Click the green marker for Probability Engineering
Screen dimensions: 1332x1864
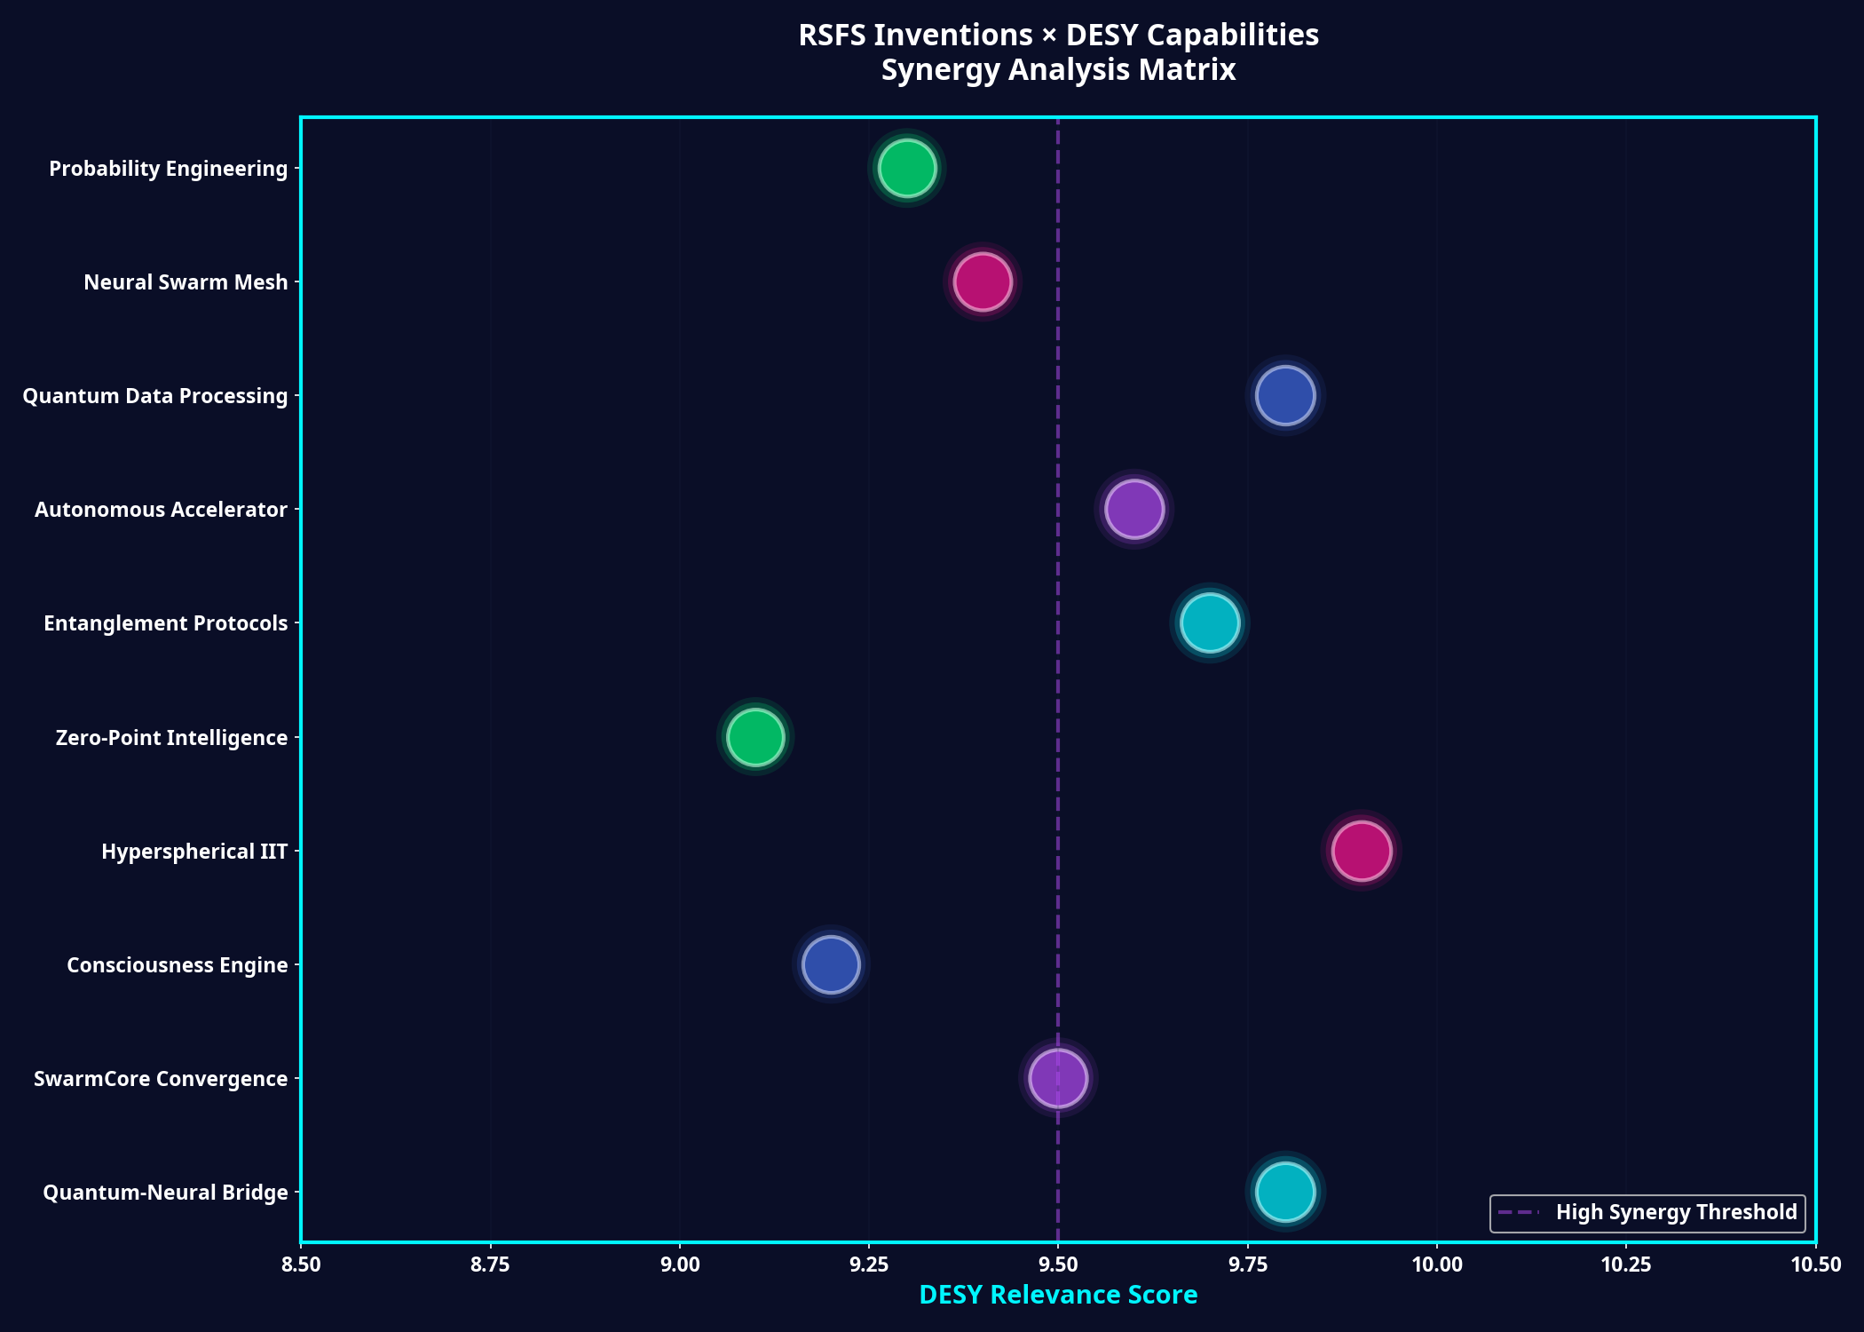906,168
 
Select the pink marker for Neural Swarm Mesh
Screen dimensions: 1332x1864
982,281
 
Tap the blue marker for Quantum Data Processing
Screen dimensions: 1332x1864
1284,395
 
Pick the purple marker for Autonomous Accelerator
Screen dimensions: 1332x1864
1133,509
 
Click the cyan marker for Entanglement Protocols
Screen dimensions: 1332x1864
1209,622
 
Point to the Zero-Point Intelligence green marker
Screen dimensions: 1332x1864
754,736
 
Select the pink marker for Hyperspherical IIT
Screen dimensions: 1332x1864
1361,851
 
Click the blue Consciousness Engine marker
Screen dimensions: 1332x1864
831,964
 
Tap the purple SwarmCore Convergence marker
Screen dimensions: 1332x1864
1057,1078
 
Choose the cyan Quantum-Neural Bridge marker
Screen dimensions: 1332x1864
1284,1192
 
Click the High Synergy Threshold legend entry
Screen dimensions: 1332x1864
1647,1213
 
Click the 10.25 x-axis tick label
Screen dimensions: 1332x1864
1626,1265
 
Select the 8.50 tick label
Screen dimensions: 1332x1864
301,1265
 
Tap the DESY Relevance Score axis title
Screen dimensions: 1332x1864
1058,1296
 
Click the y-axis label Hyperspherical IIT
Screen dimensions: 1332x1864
194,852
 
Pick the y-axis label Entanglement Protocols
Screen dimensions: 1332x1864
165,623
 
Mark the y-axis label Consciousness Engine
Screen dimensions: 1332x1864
177,965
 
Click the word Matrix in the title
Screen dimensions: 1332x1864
1189,69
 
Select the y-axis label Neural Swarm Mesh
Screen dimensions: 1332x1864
186,282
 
